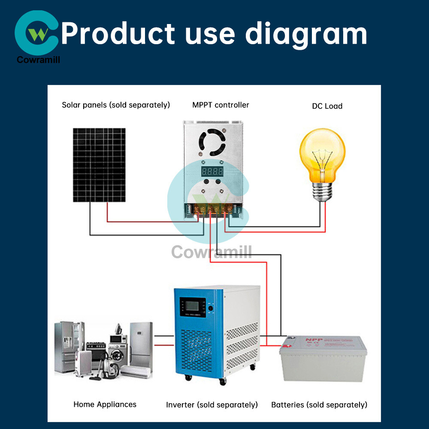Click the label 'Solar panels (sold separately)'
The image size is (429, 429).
tap(116, 105)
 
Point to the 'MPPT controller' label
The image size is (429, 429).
tap(221, 105)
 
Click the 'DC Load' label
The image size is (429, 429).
tap(327, 106)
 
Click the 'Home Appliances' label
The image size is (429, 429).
tap(105, 404)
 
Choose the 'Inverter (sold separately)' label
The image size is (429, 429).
tap(212, 405)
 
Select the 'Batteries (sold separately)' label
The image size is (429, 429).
tap(319, 405)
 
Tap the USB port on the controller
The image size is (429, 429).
tap(188, 210)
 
